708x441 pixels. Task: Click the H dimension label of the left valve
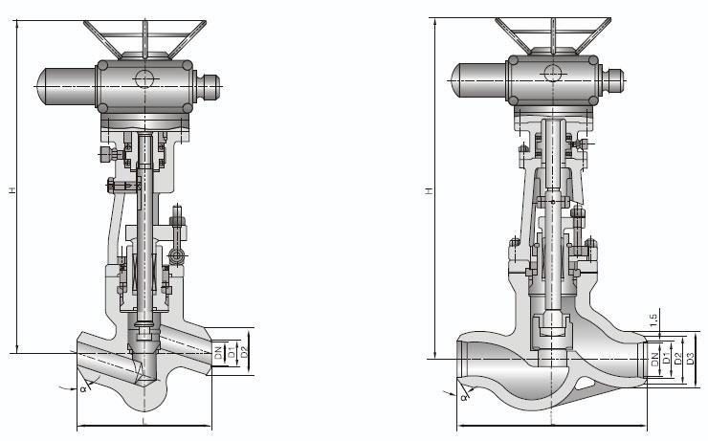[12, 190]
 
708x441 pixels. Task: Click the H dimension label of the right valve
[430, 191]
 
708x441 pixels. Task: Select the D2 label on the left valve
[244, 352]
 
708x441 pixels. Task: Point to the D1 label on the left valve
[232, 352]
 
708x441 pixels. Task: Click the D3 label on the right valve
[690, 358]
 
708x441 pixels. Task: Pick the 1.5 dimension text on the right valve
[653, 320]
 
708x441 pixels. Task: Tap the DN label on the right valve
[655, 360]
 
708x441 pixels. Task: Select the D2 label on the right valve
[677, 359]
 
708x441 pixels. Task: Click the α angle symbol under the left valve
[83, 388]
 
